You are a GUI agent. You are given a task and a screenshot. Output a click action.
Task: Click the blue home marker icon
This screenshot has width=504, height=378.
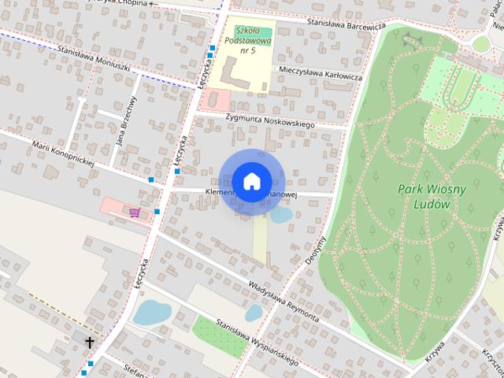click(251, 182)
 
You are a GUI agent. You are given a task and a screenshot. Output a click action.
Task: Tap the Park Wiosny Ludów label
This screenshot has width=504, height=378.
click(432, 196)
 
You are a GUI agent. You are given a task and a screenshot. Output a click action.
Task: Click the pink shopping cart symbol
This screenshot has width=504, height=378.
click(135, 213)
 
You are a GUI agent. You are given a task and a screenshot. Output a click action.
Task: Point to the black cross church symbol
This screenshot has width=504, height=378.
click(90, 343)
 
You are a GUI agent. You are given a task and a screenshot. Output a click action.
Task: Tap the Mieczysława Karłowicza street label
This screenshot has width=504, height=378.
click(320, 73)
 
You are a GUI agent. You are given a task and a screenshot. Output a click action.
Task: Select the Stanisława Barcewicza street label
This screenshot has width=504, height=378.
click(346, 25)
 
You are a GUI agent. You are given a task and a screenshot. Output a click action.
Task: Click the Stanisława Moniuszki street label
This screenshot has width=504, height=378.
click(94, 58)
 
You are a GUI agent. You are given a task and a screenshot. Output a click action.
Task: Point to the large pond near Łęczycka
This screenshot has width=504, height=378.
click(150, 313)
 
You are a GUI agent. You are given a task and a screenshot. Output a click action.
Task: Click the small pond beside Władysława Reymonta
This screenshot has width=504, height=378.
click(254, 313)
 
